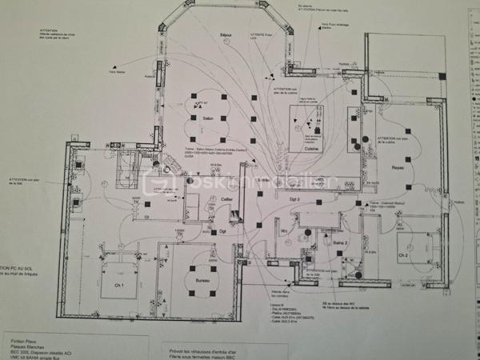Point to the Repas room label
tap(398, 167)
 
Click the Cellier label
tap(227, 198)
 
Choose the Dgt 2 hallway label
tap(294, 198)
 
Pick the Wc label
tap(283, 232)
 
